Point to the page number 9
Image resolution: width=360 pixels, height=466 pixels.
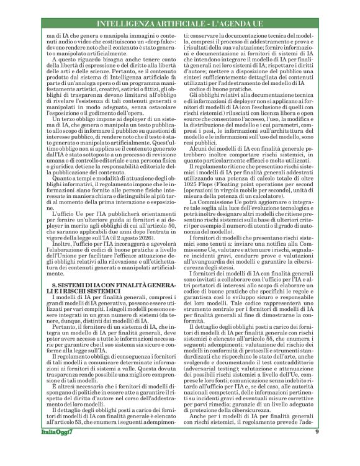[x=334, y=449]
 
